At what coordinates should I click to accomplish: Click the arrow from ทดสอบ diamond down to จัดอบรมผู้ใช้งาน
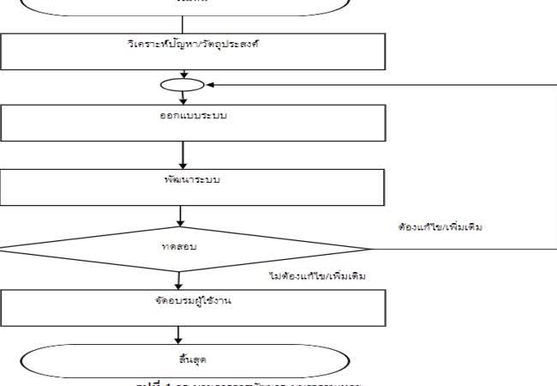click(x=179, y=280)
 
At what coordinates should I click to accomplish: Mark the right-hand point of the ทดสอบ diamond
click(x=369, y=249)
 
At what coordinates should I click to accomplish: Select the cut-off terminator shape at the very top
click(x=184, y=5)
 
